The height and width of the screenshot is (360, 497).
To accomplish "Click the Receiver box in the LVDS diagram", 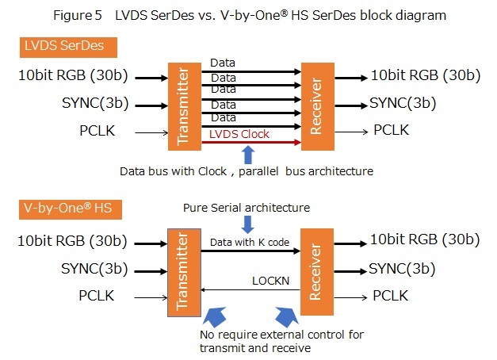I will (x=315, y=105).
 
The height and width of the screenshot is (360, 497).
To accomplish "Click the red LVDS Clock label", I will (x=239, y=134).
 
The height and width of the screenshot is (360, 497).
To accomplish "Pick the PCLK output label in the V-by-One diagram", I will (x=392, y=297).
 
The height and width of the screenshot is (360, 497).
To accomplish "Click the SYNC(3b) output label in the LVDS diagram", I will (x=403, y=104).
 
